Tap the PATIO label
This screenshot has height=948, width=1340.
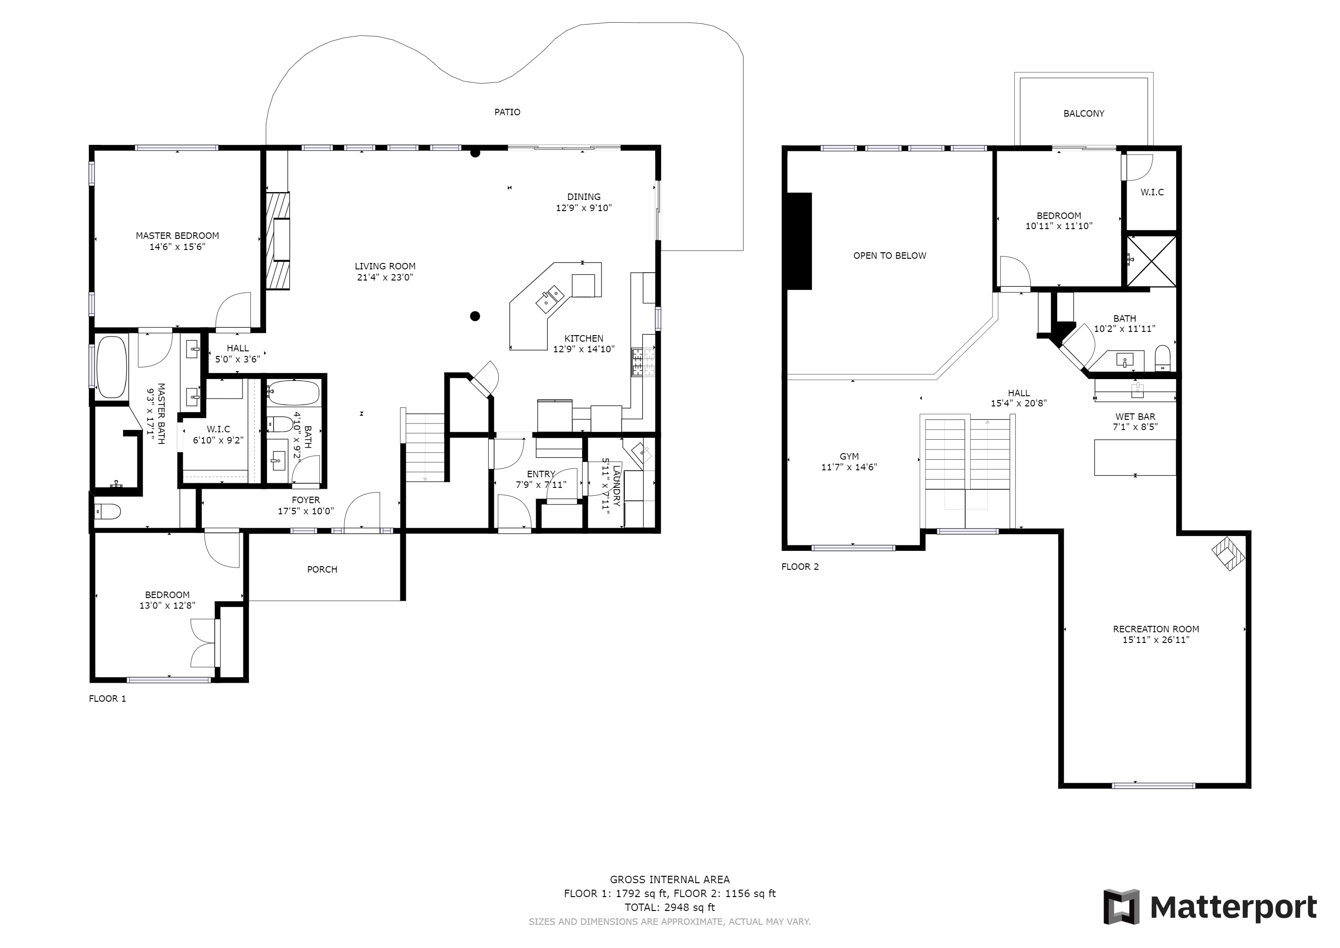pyautogui.click(x=507, y=112)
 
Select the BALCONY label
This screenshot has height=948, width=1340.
pyautogui.click(x=1084, y=114)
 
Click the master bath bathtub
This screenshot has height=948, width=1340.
pyautogui.click(x=112, y=367)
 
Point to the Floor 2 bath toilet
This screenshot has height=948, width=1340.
pyautogui.click(x=1163, y=358)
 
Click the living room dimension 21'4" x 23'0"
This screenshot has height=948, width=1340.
pyautogui.click(x=385, y=277)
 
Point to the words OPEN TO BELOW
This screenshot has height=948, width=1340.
pyautogui.click(x=889, y=256)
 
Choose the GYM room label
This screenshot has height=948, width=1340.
pyautogui.click(x=849, y=456)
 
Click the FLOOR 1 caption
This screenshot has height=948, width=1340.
pyautogui.click(x=107, y=699)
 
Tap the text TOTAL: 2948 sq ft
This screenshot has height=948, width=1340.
pyautogui.click(x=670, y=908)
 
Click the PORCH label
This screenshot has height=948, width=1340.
pyautogui.click(x=322, y=570)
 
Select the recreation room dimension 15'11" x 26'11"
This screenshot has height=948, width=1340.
pyautogui.click(x=1155, y=640)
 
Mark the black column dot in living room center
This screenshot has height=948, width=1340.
pyautogui.click(x=475, y=317)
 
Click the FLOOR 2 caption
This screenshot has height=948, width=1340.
pyautogui.click(x=800, y=567)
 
